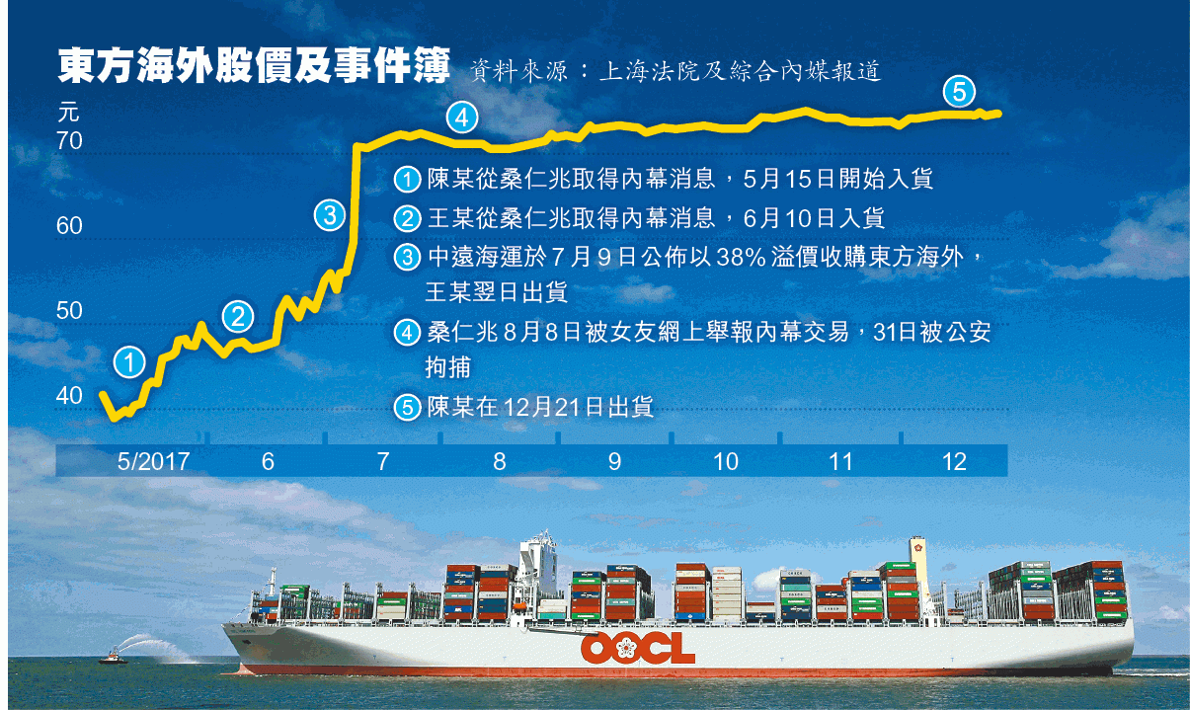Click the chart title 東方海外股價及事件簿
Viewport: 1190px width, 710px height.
point(254,66)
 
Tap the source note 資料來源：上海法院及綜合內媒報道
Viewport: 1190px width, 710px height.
point(675,71)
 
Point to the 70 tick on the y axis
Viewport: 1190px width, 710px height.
point(69,141)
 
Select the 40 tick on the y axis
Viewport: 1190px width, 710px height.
point(69,396)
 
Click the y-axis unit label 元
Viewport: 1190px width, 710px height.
point(68,113)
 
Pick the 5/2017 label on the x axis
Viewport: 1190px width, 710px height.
point(153,461)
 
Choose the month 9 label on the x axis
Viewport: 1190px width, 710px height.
point(614,461)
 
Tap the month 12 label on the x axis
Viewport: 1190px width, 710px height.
point(954,461)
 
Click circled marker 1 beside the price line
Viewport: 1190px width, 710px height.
point(129,362)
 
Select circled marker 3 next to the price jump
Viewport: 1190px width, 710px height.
point(330,215)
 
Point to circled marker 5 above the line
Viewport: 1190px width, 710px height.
point(959,91)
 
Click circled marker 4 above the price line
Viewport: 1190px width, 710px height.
point(461,118)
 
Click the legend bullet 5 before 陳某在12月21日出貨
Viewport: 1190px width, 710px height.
point(408,408)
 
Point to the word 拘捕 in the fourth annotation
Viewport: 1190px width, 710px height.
point(447,367)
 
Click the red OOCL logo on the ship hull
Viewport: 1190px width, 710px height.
point(638,648)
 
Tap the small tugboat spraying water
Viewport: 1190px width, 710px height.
point(114,658)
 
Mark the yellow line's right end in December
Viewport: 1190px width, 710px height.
point(999,114)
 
